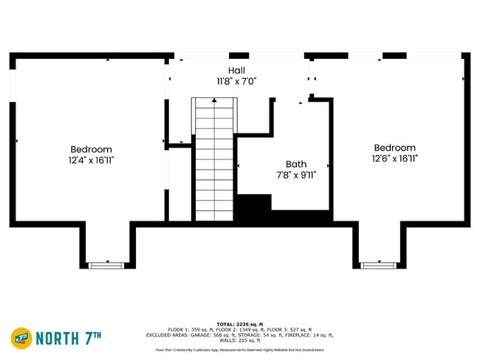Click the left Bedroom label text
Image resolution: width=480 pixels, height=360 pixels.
coord(92,149)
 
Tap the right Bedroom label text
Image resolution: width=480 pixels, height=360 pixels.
coord(394,148)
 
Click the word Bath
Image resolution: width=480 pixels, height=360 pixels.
coord(296,165)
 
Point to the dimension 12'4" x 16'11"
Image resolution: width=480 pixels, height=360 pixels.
coord(92,159)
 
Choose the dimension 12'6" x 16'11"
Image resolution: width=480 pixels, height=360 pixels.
coord(395,158)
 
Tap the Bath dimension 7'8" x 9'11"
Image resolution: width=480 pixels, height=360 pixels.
coord(296,175)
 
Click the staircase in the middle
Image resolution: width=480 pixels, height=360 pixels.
coord(214,159)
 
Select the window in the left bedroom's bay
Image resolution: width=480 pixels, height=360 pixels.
coord(108,263)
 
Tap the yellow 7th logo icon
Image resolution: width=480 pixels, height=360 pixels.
coord(21,338)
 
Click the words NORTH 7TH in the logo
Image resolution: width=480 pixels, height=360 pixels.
coord(68,338)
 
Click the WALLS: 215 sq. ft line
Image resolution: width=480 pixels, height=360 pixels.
coord(239,340)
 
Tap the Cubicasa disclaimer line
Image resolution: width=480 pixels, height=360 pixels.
coord(239,349)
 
